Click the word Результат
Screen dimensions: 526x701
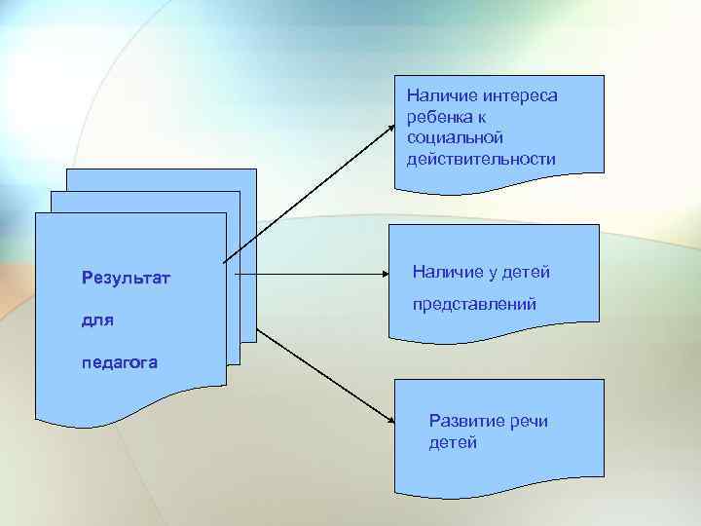pyautogui.click(x=127, y=280)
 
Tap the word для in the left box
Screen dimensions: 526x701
pyautogui.click(x=98, y=320)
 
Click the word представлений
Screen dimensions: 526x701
pyautogui.click(x=474, y=305)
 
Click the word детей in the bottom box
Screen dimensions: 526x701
pyautogui.click(x=453, y=443)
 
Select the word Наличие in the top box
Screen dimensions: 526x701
pyautogui.click(x=437, y=95)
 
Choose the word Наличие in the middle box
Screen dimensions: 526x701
pyautogui.click(x=449, y=272)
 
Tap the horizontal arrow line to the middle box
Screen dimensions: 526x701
pyautogui.click(x=312, y=275)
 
